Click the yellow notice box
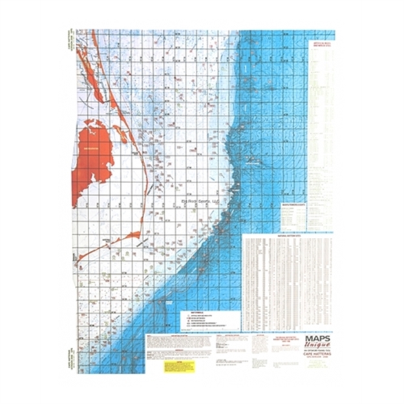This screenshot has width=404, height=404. click(x=179, y=366)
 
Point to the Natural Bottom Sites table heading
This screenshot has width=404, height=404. click(x=288, y=237)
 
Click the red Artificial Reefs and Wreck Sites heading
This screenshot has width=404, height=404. click(x=321, y=45)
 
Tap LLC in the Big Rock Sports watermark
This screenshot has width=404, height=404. click(x=216, y=202)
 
